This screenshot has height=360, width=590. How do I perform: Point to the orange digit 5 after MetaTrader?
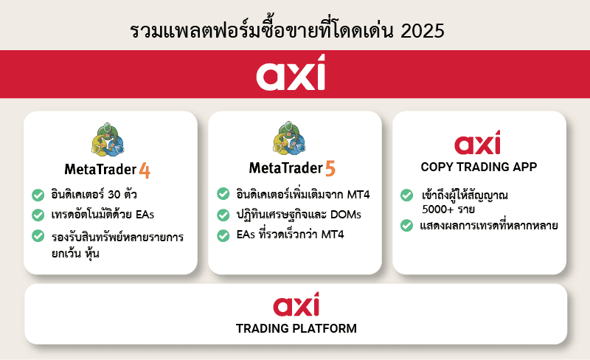(x=330, y=169)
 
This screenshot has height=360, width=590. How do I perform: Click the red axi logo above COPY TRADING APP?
(x=478, y=142)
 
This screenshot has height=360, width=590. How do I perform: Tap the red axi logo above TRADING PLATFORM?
(x=296, y=305)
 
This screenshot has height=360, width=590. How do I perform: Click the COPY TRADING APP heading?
(x=479, y=167)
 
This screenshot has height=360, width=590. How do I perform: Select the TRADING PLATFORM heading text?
(x=296, y=328)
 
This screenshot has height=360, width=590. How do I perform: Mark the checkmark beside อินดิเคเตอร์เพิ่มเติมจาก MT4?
(x=223, y=194)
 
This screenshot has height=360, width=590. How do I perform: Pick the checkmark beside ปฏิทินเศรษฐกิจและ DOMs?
(x=223, y=215)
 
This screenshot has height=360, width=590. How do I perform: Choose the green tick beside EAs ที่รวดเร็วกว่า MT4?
(x=223, y=236)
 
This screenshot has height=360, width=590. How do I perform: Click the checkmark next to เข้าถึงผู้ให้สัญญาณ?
(x=406, y=195)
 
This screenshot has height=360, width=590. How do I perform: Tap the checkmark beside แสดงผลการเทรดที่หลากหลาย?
(x=406, y=225)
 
